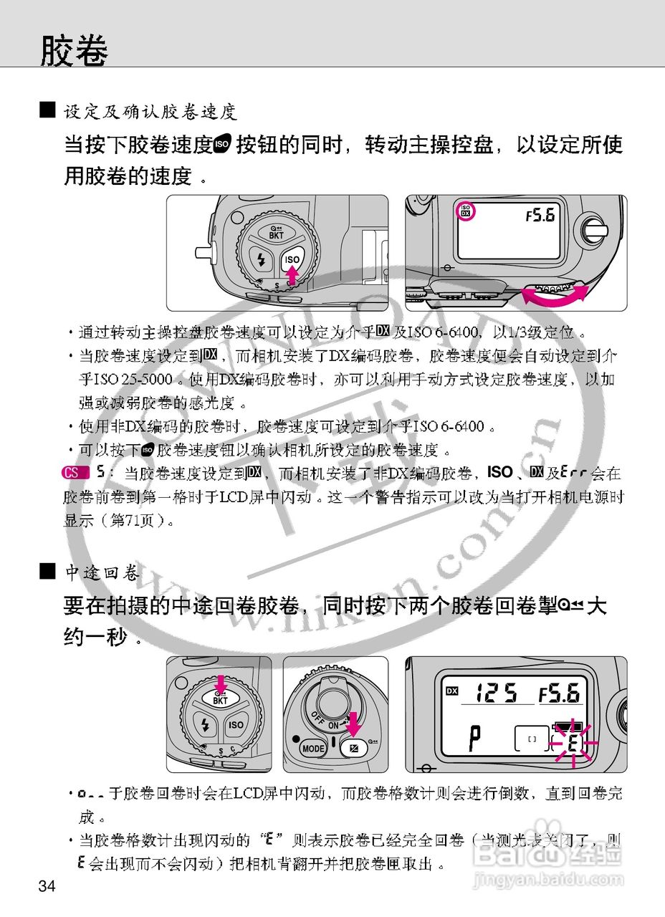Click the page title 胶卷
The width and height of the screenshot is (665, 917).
[74, 51]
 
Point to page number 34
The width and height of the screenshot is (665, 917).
[47, 887]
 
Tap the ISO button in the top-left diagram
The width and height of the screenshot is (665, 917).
[292, 260]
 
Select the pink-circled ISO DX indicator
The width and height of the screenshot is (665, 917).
[466, 211]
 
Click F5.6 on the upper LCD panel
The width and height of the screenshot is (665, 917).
[540, 215]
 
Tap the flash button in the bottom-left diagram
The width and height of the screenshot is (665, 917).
[206, 725]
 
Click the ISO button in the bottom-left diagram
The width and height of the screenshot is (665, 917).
[236, 725]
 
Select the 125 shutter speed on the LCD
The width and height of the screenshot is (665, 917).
[497, 693]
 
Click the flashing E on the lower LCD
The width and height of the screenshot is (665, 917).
[573, 743]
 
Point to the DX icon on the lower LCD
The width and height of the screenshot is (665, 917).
[451, 691]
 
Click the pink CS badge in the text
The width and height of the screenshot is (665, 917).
[73, 473]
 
